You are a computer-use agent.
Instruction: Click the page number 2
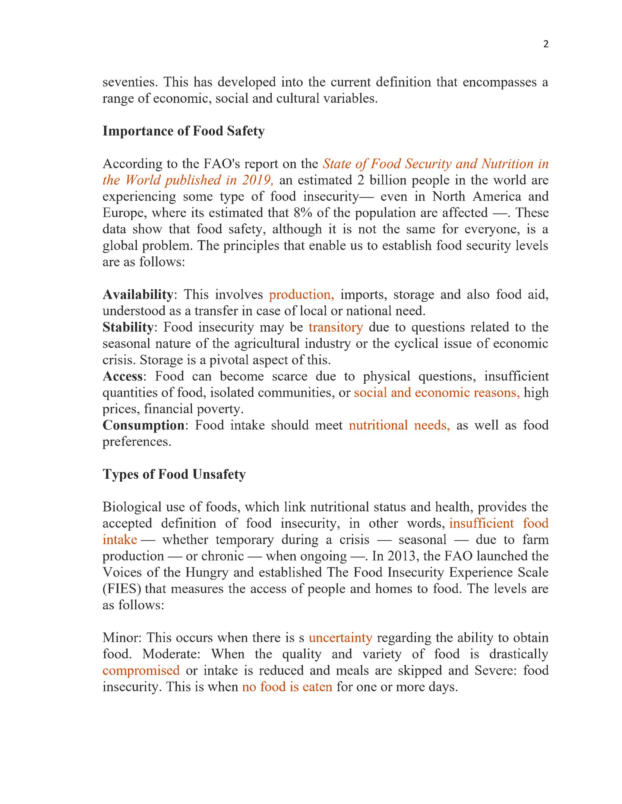(546, 44)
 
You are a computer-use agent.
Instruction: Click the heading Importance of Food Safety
(183, 131)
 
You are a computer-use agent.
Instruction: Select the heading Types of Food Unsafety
(174, 474)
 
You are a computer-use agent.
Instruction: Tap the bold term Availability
(138, 294)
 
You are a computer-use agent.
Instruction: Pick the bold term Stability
(128, 327)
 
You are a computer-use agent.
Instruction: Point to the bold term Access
(123, 376)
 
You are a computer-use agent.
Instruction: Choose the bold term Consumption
(143, 425)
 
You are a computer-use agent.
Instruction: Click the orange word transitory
(335, 327)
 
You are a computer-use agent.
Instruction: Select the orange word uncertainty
(340, 638)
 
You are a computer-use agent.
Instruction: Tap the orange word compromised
(141, 670)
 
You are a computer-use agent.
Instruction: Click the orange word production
(301, 294)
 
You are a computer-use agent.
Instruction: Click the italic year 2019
(258, 180)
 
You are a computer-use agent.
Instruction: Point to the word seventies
(130, 82)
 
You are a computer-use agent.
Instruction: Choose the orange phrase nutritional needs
(399, 425)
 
